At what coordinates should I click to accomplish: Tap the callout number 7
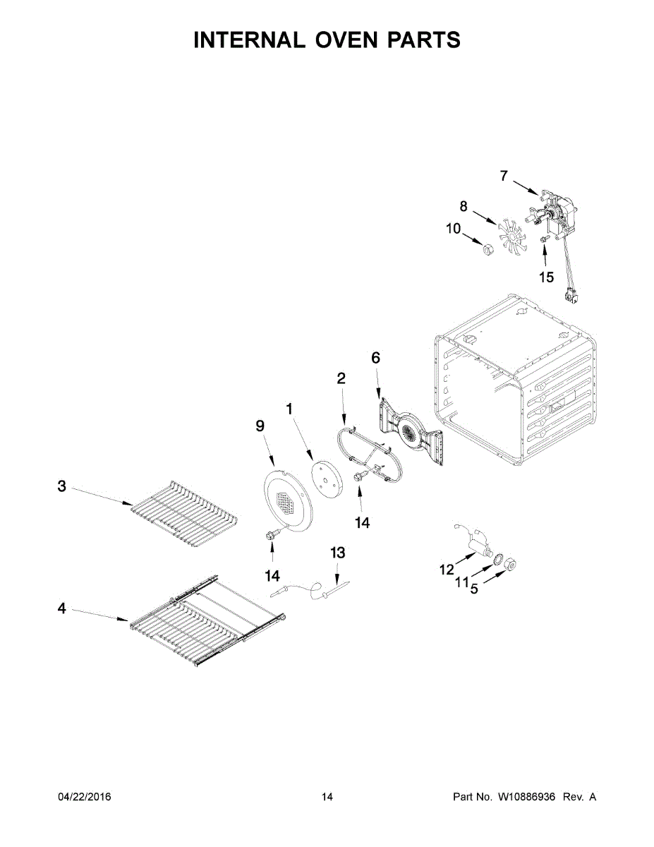[504, 176]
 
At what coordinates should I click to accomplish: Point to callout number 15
[546, 277]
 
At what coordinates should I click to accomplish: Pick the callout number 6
[375, 358]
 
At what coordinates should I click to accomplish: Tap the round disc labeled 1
[325, 480]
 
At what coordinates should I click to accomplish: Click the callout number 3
[62, 486]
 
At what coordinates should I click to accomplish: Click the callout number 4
[62, 608]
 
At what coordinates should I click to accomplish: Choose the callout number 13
[338, 552]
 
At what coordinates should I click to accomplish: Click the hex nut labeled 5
[513, 563]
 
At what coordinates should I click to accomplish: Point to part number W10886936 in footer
[527, 797]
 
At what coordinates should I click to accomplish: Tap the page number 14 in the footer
[327, 797]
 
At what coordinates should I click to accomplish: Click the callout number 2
[341, 378]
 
